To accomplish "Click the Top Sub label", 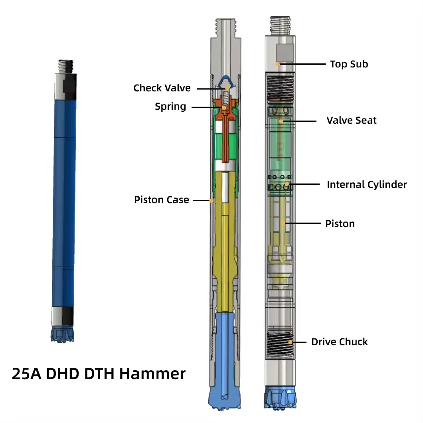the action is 349,64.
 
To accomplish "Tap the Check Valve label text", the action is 162,88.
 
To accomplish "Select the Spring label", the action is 170,107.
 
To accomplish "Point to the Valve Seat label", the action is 351,121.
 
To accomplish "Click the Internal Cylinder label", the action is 367,184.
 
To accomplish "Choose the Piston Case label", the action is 162,200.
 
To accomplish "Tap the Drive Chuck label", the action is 339,342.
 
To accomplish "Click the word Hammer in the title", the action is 152,374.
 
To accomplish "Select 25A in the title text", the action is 26,374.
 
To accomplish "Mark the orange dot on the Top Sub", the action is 278,64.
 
